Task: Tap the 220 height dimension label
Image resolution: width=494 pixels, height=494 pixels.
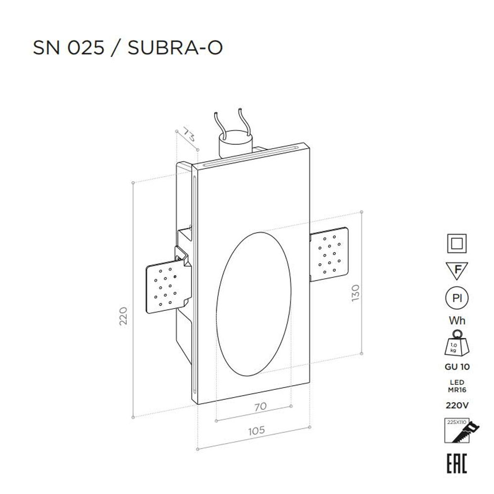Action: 123,316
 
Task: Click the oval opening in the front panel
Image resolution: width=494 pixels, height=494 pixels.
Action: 253,303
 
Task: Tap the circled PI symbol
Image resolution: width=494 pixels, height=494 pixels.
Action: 457,299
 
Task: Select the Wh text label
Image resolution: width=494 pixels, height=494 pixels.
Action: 457,321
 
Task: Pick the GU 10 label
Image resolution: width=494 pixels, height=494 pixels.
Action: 457,367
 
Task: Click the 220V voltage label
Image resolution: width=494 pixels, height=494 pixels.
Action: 457,406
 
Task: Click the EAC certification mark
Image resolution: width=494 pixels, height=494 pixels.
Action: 457,462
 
